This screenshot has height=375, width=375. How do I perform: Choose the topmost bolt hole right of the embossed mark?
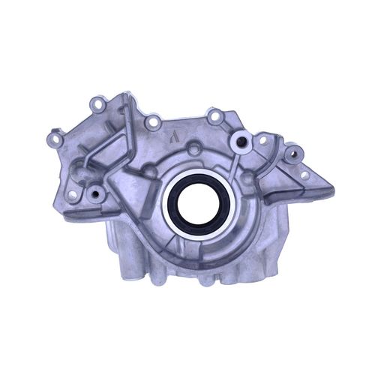(x=214, y=116)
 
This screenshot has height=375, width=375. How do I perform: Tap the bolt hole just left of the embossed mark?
(x=152, y=121)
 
